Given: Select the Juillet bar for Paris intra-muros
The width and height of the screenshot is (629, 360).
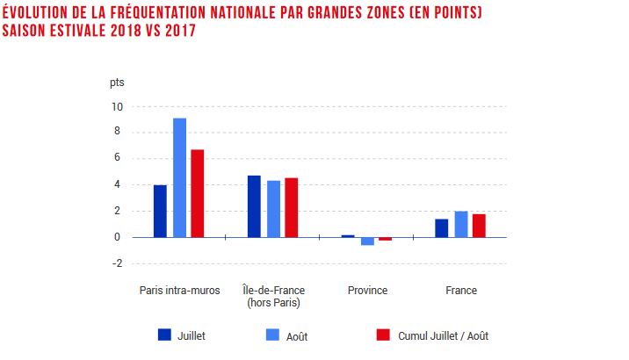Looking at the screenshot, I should [160, 211].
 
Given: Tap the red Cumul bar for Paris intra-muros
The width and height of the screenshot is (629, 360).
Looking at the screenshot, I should [198, 193].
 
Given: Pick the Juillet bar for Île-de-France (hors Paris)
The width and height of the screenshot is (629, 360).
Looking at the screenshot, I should [254, 206].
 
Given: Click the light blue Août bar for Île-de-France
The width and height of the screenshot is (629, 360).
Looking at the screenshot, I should [273, 209].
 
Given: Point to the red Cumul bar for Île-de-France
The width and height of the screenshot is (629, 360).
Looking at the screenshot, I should [292, 207].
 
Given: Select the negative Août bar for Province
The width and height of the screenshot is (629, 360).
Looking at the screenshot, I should [367, 241].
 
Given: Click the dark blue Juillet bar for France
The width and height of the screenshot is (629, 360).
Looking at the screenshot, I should [442, 227].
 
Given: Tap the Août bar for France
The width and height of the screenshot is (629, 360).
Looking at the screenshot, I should [461, 224].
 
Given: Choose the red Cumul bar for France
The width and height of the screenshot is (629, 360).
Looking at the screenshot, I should [479, 226].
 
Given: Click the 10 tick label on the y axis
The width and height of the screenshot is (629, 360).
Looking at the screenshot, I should [117, 106].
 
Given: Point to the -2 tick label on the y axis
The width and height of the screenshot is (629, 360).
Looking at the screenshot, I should [117, 263].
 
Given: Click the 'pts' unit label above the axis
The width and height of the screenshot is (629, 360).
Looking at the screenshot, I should [117, 83].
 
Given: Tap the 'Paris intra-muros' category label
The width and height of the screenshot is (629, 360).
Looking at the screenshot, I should [179, 291].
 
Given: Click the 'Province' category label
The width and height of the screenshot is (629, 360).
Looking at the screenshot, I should [367, 291].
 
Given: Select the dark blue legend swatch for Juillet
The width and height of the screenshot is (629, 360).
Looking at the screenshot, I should [164, 335].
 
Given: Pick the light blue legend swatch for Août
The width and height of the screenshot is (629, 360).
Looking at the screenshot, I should [272, 335].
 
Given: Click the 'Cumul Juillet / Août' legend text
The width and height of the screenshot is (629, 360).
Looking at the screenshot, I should [443, 335].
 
